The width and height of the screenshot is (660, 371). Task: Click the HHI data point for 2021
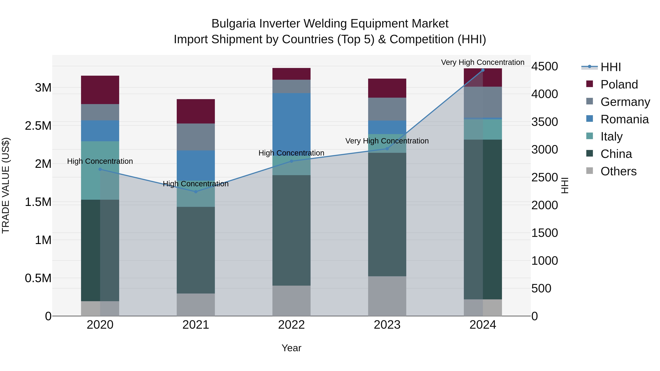click(x=196, y=191)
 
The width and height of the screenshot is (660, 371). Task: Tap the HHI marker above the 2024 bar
click(x=483, y=70)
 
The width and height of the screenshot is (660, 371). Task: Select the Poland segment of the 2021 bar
click(x=196, y=111)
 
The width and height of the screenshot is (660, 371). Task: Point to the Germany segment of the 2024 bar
click(x=483, y=102)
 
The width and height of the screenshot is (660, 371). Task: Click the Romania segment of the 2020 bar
click(x=100, y=131)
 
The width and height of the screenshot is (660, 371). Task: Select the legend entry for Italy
click(x=611, y=136)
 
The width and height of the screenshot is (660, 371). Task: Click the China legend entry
click(x=616, y=154)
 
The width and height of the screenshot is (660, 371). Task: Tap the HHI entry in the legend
click(x=610, y=67)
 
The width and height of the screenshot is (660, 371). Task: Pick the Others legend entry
click(x=618, y=171)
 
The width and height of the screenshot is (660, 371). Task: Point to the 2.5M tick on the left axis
click(x=38, y=126)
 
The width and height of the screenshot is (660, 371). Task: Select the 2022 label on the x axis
click(x=291, y=325)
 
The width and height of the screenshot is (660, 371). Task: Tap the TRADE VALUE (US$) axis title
click(x=6, y=185)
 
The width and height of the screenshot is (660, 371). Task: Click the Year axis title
click(x=291, y=348)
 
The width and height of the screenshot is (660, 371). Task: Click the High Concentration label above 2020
click(x=100, y=161)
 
